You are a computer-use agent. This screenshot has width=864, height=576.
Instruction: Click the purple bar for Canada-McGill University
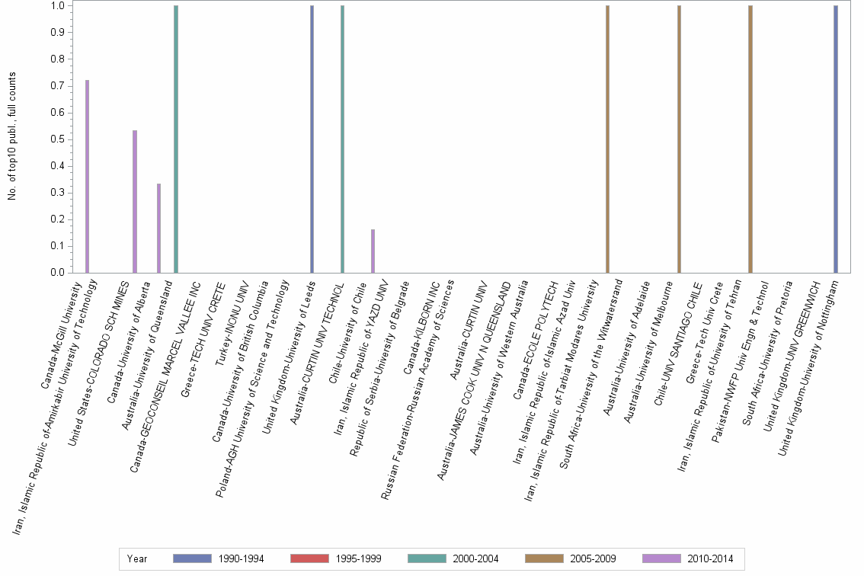(x=88, y=176)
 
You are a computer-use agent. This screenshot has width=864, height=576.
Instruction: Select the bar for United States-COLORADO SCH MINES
(x=135, y=201)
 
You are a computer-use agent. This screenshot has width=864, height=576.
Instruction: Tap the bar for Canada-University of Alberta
(x=158, y=228)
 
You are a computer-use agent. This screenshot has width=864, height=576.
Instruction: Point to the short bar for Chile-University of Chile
(x=373, y=251)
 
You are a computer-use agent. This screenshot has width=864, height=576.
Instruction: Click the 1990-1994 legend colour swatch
(x=192, y=558)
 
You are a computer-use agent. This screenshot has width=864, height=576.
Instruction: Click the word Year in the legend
(x=138, y=558)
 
